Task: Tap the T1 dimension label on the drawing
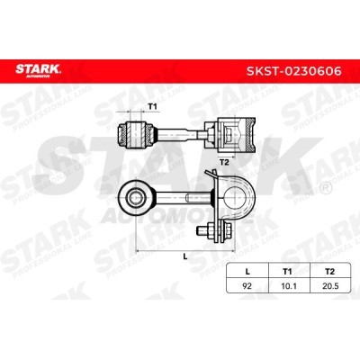click(153, 107)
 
